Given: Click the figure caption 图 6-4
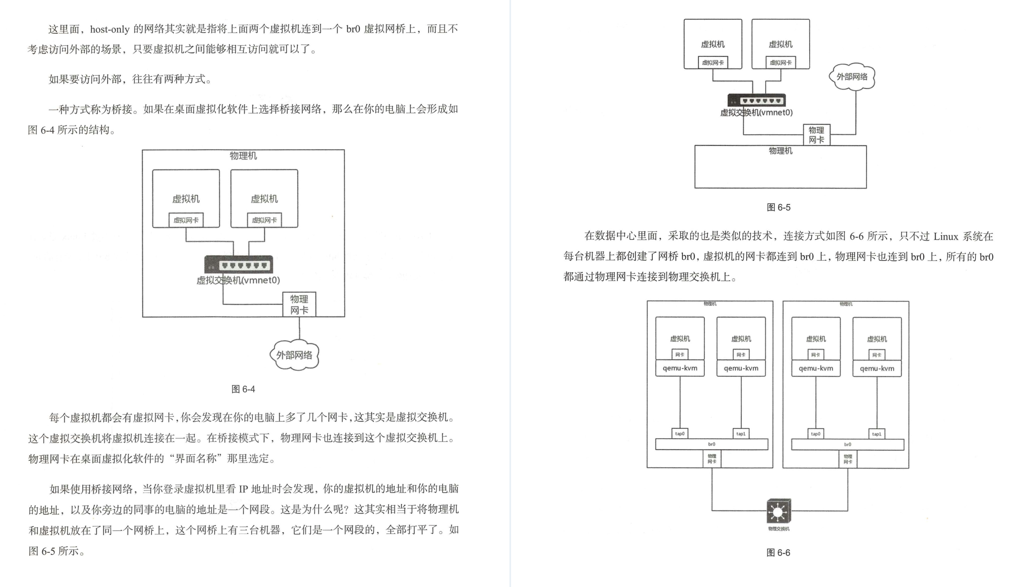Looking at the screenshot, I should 243,389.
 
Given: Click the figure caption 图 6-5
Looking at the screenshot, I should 778,207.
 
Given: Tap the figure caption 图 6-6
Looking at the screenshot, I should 778,553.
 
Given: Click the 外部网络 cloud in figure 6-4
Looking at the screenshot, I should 294,355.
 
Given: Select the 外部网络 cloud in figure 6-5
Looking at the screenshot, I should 852,77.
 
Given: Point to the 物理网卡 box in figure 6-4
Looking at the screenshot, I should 299,305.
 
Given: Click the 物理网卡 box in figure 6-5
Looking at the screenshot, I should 816,135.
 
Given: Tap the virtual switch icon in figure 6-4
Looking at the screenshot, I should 238,265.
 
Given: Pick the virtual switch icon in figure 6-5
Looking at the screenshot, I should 756,100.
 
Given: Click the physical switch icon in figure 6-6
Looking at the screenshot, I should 779,511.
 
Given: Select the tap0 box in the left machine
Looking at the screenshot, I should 680,434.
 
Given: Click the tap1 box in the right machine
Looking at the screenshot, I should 877,434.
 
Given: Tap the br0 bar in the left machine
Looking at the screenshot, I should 711,444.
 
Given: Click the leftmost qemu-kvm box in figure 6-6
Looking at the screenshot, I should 680,368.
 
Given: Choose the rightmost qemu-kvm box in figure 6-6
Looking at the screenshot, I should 877,368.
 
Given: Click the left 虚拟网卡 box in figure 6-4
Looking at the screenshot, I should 186,220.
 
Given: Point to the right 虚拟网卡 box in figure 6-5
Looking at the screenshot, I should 781,63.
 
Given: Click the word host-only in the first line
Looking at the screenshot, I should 109,29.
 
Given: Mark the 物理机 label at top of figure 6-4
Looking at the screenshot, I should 243,156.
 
